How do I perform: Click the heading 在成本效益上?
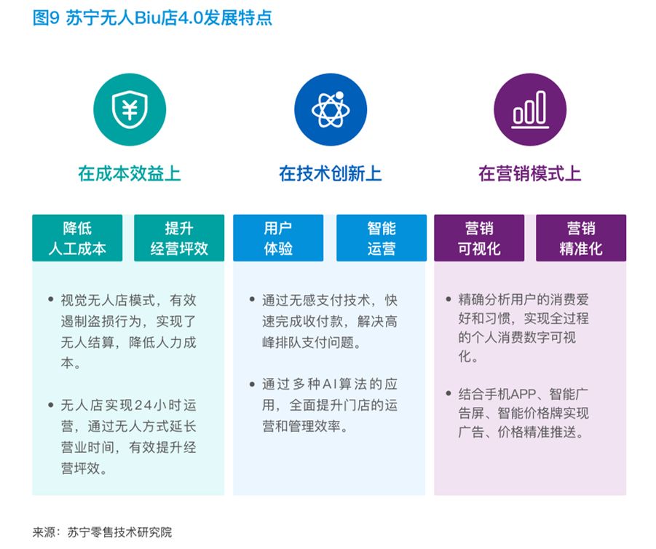(x=129, y=174)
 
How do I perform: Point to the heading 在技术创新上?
(x=330, y=174)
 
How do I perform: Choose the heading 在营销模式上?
(x=529, y=174)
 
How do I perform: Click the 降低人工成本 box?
(x=77, y=238)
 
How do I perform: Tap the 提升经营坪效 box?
(x=179, y=238)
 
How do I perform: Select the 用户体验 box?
(x=278, y=238)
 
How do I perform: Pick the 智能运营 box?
(x=382, y=238)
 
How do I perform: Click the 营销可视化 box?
(x=479, y=238)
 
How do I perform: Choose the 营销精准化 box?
(x=581, y=238)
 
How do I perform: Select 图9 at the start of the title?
(x=45, y=18)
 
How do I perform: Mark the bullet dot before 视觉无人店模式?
(x=50, y=299)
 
